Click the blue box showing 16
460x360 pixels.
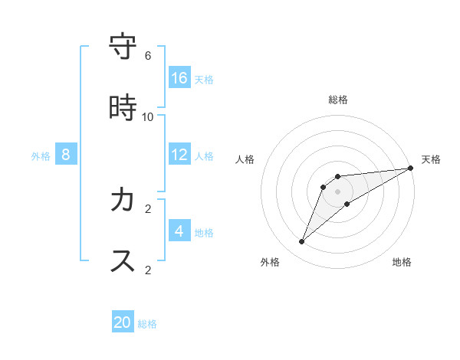click(x=179, y=77)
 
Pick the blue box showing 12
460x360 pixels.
click(x=179, y=154)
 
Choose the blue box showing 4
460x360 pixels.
click(x=179, y=231)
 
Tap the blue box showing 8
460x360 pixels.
click(x=66, y=155)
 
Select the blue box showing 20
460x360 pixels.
click(x=123, y=322)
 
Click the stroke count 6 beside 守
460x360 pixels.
click(x=148, y=56)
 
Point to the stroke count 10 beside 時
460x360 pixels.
click(x=148, y=117)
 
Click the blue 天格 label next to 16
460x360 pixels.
click(x=204, y=79)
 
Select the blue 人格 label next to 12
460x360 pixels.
click(x=204, y=155)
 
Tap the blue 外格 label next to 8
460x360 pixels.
click(x=41, y=156)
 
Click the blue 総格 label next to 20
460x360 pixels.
click(x=147, y=324)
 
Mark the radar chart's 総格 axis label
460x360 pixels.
click(x=338, y=100)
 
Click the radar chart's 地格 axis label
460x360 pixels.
click(x=402, y=262)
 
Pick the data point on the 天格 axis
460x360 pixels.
click(x=410, y=169)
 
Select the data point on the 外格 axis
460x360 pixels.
click(x=302, y=242)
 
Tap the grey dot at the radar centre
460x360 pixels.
click(x=338, y=191)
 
